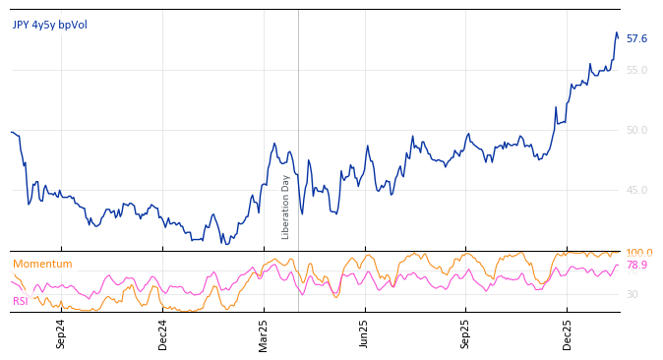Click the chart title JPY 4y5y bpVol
tap(49, 25)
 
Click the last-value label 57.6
tap(636, 39)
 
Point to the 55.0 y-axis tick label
tap(636, 70)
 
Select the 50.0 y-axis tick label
tap(636, 130)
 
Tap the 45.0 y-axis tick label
tap(636, 190)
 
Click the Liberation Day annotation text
tap(286, 207)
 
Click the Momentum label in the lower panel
tap(42, 264)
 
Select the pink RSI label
tap(20, 301)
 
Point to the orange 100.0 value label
tap(638, 253)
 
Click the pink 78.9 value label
tap(636, 266)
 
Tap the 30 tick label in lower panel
tap(632, 294)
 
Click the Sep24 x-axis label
tap(61, 333)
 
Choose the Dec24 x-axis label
tap(163, 333)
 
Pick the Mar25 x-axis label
tap(264, 333)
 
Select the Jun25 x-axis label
tap(364, 333)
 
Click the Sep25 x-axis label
tap(465, 333)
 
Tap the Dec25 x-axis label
tap(568, 333)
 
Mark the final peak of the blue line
tap(616, 32)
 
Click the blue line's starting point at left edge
tap(11, 132)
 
